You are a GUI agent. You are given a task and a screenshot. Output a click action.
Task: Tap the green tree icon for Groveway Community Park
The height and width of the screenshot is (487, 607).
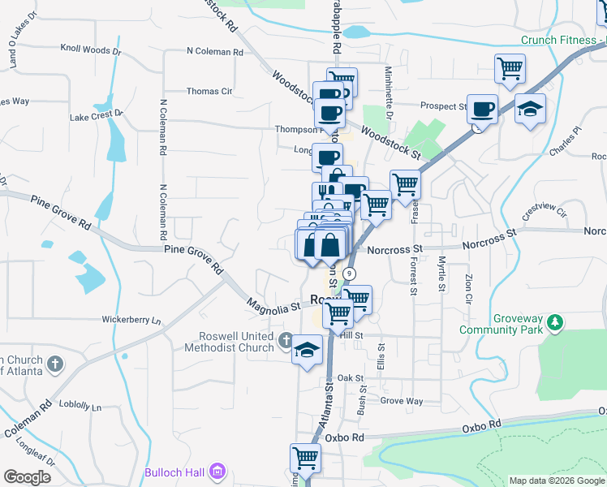(x=555, y=323)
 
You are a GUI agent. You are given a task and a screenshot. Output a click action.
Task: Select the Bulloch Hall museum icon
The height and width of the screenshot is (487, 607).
(x=217, y=471)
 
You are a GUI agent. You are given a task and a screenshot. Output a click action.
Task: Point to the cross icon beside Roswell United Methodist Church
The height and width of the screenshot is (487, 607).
(x=286, y=341)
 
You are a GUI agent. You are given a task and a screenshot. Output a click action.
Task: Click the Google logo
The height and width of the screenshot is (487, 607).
(x=27, y=476)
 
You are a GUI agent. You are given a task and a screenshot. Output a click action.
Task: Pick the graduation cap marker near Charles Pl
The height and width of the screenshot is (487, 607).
(x=530, y=110)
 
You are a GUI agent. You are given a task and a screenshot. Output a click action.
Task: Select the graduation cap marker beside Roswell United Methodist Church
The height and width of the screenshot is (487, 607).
(x=306, y=351)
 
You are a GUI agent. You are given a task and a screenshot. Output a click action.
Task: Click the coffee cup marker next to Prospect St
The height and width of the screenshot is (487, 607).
(x=484, y=109)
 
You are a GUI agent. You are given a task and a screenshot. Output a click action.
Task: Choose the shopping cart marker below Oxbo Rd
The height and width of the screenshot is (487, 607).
(x=306, y=459)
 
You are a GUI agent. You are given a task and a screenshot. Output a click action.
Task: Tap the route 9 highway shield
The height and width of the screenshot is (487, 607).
(x=349, y=274)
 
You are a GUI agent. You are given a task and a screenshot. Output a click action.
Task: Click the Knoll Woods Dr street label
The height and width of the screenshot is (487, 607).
(x=94, y=50)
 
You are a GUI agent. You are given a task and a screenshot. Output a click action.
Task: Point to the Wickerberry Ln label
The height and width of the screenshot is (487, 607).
(x=131, y=320)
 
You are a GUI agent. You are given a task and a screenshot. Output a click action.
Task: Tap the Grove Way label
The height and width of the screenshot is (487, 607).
(x=402, y=401)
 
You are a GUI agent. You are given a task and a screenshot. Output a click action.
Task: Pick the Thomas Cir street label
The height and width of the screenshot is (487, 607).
(x=209, y=92)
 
